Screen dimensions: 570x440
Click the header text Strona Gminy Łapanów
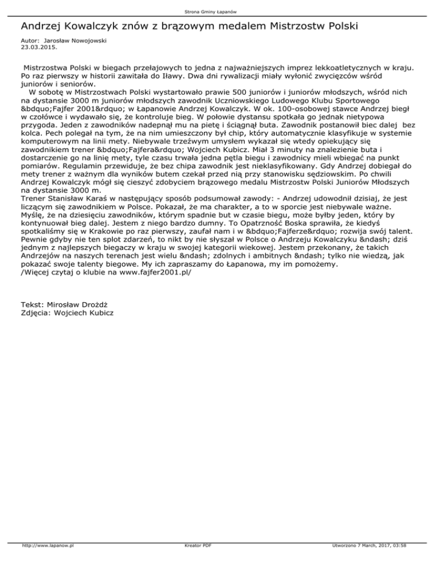(x=220, y=11)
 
